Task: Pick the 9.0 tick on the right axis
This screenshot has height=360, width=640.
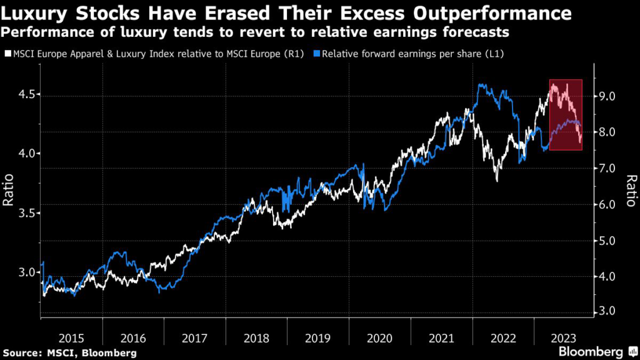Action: click(x=608, y=96)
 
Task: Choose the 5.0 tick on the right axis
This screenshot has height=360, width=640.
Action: click(x=608, y=241)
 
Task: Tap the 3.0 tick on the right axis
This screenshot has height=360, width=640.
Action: click(x=608, y=312)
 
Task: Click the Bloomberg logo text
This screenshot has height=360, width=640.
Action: click(x=590, y=351)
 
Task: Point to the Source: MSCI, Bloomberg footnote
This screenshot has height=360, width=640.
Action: click(x=69, y=353)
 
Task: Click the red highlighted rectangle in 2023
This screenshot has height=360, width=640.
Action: click(x=566, y=115)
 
